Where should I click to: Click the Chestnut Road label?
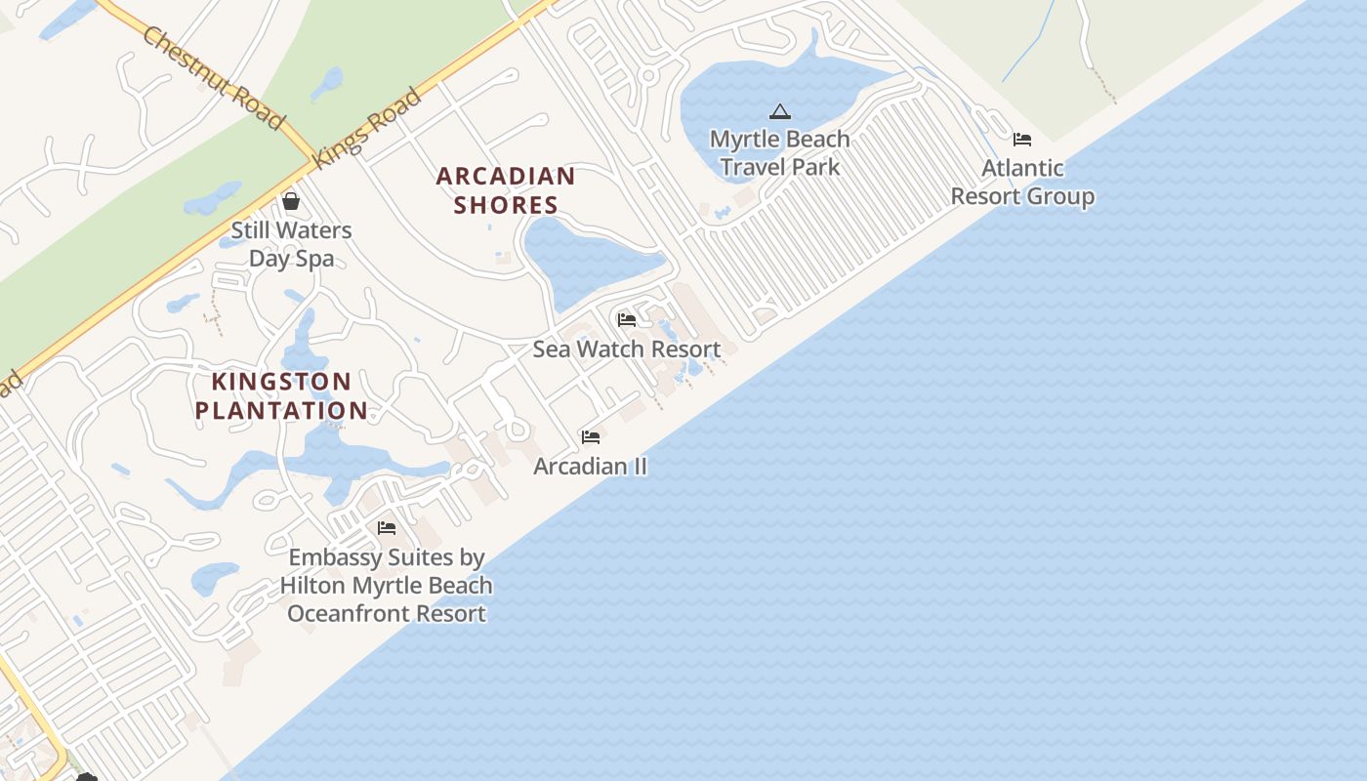coord(214,78)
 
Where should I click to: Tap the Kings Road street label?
coord(367,129)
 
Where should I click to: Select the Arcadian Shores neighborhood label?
coord(506,190)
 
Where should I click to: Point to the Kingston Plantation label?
coord(281,395)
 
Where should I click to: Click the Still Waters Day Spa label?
coord(291,244)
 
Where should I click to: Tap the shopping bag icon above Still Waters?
coord(291,202)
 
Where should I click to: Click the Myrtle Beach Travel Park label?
coord(779,153)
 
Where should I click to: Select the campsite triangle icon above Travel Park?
coord(779,111)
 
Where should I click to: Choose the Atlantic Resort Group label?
coord(1022,183)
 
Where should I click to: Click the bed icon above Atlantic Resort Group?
coord(1022,140)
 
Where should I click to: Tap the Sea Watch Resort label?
coord(627,349)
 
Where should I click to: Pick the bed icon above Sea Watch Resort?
coord(627,319)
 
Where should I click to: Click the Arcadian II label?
coord(590,466)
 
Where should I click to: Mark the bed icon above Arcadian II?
coord(590,436)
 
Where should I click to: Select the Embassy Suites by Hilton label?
coord(387,585)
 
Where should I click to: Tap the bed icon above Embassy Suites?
coord(387,528)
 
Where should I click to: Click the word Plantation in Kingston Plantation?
coord(281,410)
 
